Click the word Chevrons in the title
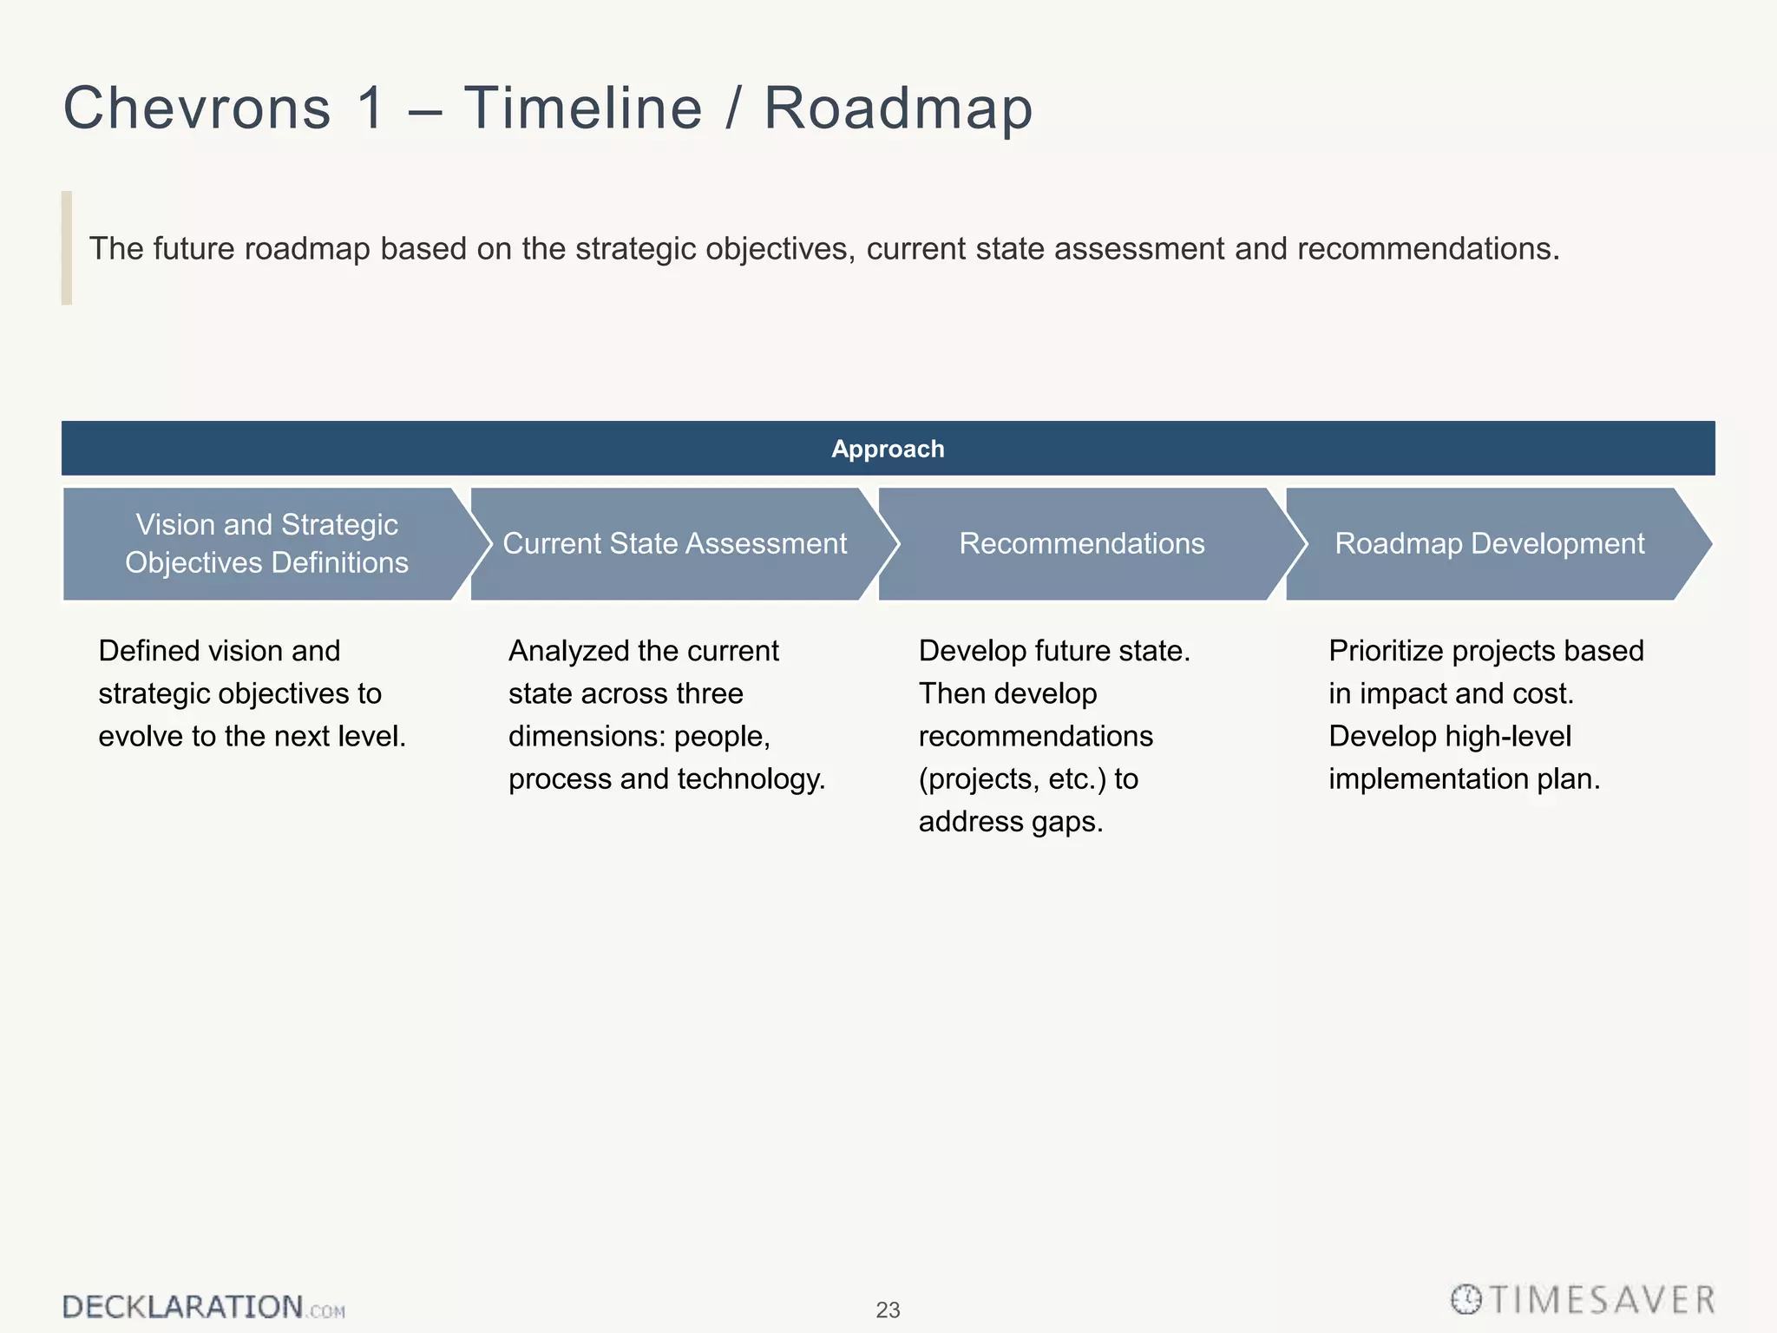coord(197,108)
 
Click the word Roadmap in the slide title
coord(897,108)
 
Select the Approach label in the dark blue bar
coord(888,449)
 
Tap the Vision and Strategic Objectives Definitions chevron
coord(266,544)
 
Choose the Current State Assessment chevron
coord(674,544)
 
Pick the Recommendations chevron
coord(1081,544)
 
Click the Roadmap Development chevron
coord(1489,544)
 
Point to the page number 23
coord(888,1310)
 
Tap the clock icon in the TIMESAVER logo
coord(1466,1299)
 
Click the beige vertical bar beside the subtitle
coord(67,248)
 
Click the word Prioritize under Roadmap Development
coord(1386,651)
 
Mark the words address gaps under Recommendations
coord(1010,821)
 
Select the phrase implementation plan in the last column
coord(1464,779)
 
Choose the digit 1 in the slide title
coord(371,108)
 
